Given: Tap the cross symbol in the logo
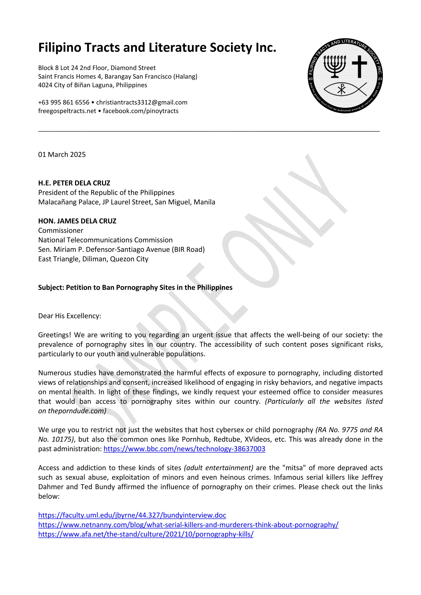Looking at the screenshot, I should (x=359, y=66).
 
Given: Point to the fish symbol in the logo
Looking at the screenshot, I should (x=346, y=89).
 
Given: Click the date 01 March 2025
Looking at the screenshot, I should (x=62, y=155).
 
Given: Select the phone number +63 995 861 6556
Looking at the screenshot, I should (x=64, y=102).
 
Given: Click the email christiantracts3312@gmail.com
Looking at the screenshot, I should (x=142, y=102).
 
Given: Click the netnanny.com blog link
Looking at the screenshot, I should (x=188, y=525).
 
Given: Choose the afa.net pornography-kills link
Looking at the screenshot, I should (x=146, y=534).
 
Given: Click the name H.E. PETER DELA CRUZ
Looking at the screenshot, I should (x=74, y=183).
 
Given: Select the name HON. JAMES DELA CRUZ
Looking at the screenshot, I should (x=77, y=221).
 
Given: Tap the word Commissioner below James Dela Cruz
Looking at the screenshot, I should (x=61, y=230).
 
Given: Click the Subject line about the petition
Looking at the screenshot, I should (x=135, y=287).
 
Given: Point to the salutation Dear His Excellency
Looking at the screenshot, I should (x=69, y=316).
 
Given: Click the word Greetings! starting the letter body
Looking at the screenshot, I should (x=54, y=335).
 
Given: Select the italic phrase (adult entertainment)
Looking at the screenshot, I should (x=219, y=468).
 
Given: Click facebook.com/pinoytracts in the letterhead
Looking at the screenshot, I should (x=141, y=111).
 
